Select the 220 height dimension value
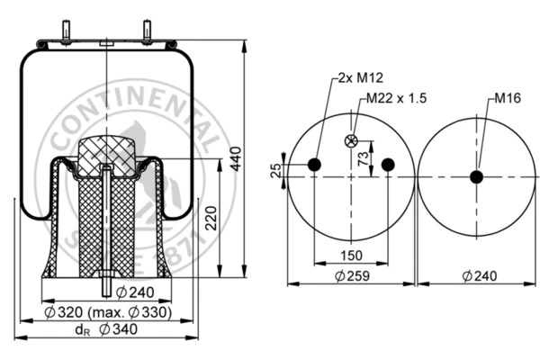[210, 216]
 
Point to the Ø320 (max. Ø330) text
[108, 312]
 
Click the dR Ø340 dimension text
[107, 329]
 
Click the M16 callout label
[508, 98]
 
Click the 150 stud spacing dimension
[351, 255]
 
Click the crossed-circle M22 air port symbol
[352, 139]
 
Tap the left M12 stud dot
[314, 164]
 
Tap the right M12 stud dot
[388, 164]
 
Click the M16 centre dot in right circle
[476, 177]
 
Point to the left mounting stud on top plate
[68, 31]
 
